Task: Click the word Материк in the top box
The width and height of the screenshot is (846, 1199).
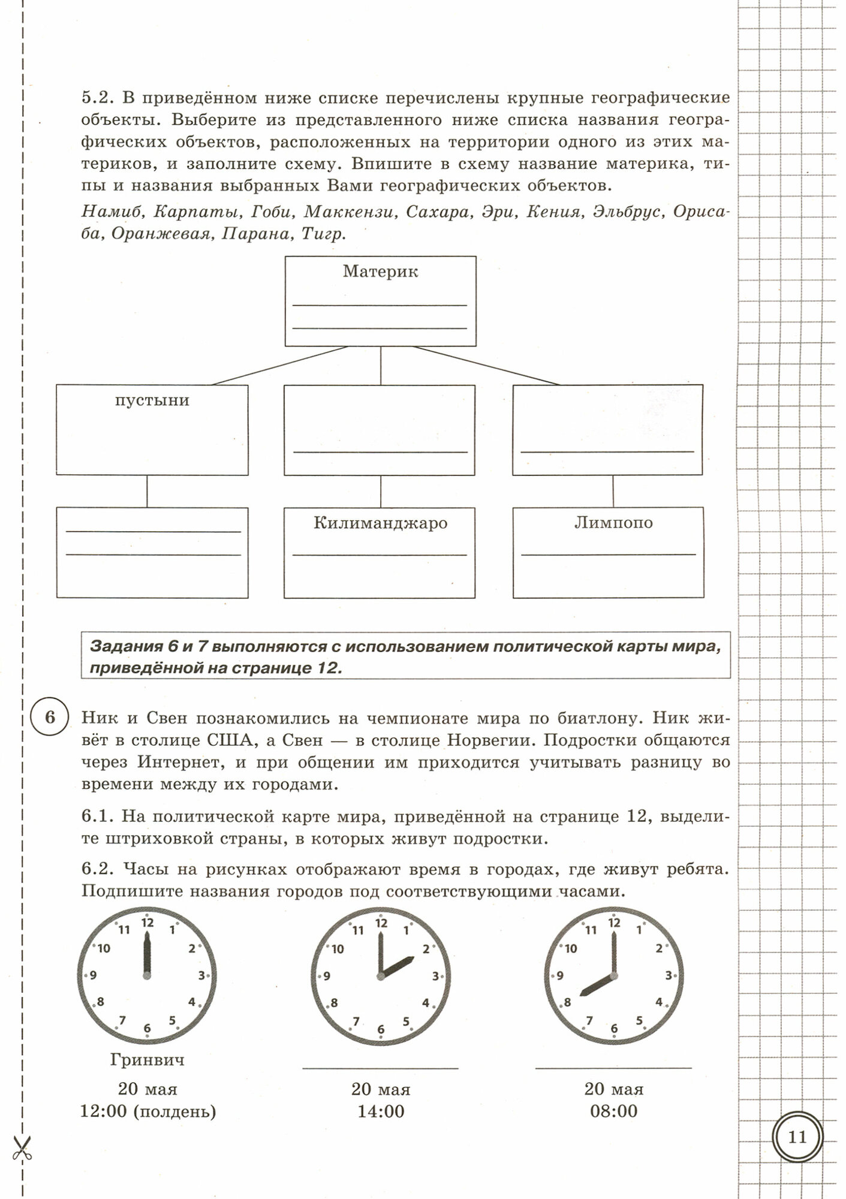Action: [x=380, y=272]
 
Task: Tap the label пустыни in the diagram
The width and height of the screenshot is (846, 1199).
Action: [x=152, y=400]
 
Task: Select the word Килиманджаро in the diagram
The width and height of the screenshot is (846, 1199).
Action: [x=380, y=523]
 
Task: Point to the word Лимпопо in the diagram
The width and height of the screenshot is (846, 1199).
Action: [x=613, y=523]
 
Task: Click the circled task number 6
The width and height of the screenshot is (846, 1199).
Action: [x=50, y=718]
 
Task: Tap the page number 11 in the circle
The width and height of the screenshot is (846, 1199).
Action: [x=797, y=1137]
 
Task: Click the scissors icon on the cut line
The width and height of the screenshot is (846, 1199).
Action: [x=22, y=1148]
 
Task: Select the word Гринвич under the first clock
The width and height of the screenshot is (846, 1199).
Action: [x=147, y=1059]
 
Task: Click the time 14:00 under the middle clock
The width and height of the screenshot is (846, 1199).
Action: [x=381, y=1111]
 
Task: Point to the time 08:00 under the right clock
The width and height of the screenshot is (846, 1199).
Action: [x=613, y=1111]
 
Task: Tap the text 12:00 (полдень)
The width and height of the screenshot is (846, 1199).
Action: [x=148, y=1111]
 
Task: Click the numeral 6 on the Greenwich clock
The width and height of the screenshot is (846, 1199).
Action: [x=147, y=1029]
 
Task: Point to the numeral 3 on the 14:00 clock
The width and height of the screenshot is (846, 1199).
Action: [x=435, y=976]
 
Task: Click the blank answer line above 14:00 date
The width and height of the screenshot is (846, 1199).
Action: [x=380, y=1068]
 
